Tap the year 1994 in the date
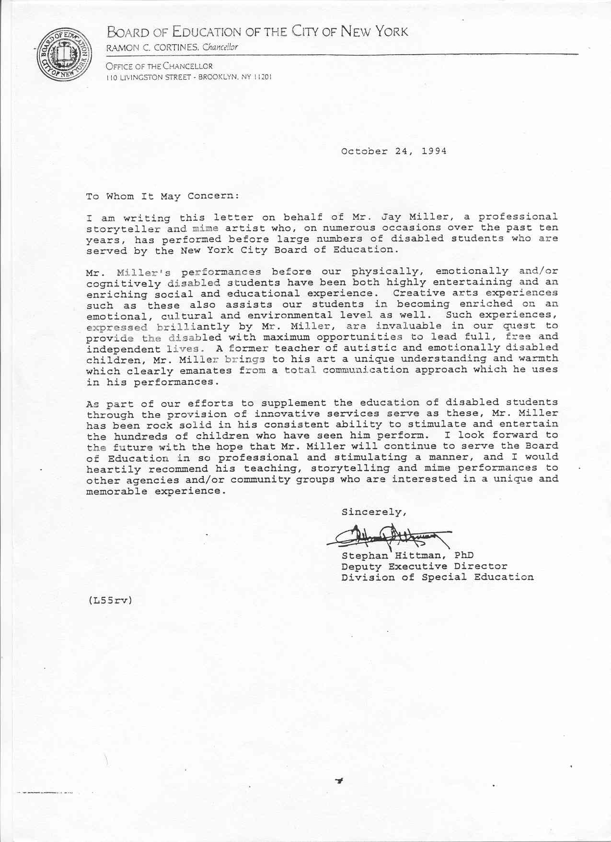click(434, 151)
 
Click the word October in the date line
click(364, 151)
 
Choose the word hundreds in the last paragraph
click(137, 436)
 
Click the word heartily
click(114, 469)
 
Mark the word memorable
click(116, 491)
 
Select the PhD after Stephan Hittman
click(464, 555)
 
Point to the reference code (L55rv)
click(109, 600)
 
